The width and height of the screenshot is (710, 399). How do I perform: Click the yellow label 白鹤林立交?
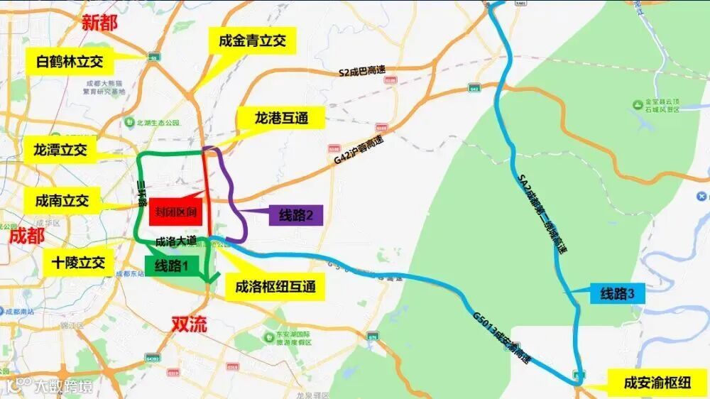pyautogui.click(x=69, y=61)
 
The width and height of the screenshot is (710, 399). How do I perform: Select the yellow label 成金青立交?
pyautogui.click(x=252, y=42)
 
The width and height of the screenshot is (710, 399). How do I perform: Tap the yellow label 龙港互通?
pyautogui.click(x=281, y=119)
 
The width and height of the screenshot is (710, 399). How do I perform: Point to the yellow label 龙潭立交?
pyautogui.click(x=60, y=150)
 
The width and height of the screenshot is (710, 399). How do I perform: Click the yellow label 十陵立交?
pyautogui.click(x=77, y=263)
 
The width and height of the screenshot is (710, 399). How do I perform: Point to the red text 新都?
pyautogui.click(x=100, y=22)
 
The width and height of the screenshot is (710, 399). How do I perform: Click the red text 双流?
pyautogui.click(x=190, y=325)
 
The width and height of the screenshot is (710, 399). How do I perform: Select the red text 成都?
pyautogui.click(x=27, y=236)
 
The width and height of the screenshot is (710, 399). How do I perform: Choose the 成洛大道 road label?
pyautogui.click(x=175, y=241)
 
